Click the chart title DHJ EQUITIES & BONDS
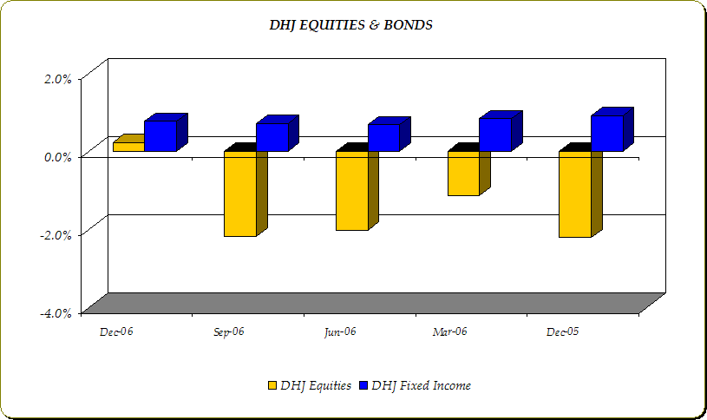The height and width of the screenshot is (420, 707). (x=351, y=25)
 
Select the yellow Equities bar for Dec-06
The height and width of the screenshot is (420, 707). (x=128, y=147)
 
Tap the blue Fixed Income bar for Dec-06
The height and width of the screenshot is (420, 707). (x=160, y=135)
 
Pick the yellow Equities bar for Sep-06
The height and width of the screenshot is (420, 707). (x=240, y=194)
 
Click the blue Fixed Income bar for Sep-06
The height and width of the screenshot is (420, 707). (x=272, y=137)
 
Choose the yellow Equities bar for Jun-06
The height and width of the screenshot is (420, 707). (x=352, y=191)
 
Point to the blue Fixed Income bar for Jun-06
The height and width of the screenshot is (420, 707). (x=383, y=137)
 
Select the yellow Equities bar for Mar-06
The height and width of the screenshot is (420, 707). (x=463, y=174)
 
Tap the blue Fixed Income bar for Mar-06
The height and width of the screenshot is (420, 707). (x=495, y=135)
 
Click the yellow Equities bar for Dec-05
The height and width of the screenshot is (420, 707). (x=574, y=194)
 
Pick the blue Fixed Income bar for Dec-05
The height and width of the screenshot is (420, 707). (x=606, y=133)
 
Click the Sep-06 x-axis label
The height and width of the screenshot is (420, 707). (x=228, y=332)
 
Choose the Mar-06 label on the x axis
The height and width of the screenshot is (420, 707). (x=449, y=332)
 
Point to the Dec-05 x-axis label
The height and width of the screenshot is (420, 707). (x=562, y=332)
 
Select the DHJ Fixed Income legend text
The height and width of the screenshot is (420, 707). (x=421, y=385)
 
